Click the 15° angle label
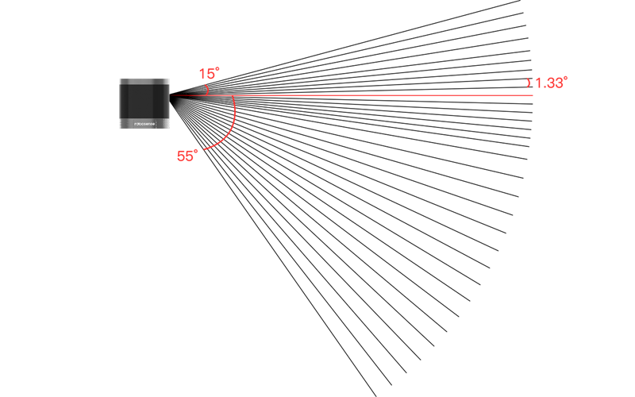point(209,74)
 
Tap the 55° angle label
point(187,156)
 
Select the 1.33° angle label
point(551,83)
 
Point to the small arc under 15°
point(207,90)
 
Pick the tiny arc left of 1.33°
point(529,83)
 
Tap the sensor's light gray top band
point(144,81)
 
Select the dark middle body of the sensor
point(144,102)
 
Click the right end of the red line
point(533,95)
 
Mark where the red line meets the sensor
point(171,95)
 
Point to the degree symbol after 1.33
point(566,78)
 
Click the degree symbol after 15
point(218,69)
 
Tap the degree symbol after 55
point(196,151)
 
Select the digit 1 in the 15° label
point(202,75)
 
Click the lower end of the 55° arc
point(206,148)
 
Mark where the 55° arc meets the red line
point(233,96)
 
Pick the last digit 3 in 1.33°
point(559,83)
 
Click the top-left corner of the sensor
point(120,79)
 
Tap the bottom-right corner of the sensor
point(170,129)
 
